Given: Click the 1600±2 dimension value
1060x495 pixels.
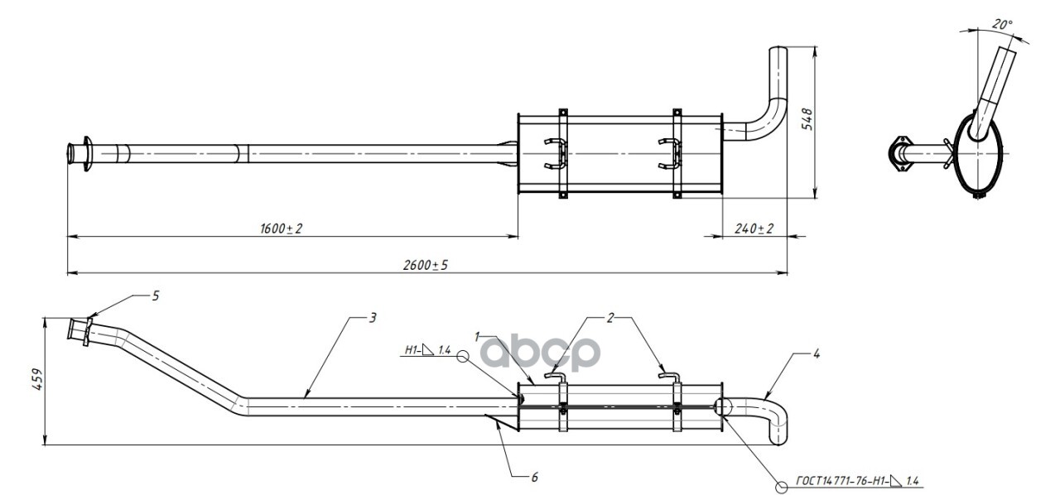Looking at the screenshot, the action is (282, 228).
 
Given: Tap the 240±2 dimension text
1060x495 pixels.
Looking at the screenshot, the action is (754, 228).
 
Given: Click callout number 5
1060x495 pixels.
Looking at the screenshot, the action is (155, 296).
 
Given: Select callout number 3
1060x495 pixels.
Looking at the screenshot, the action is (373, 317).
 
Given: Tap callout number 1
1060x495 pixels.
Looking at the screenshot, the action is (478, 337).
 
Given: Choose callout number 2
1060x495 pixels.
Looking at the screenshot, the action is (610, 317).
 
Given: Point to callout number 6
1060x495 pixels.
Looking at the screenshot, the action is (535, 477).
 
